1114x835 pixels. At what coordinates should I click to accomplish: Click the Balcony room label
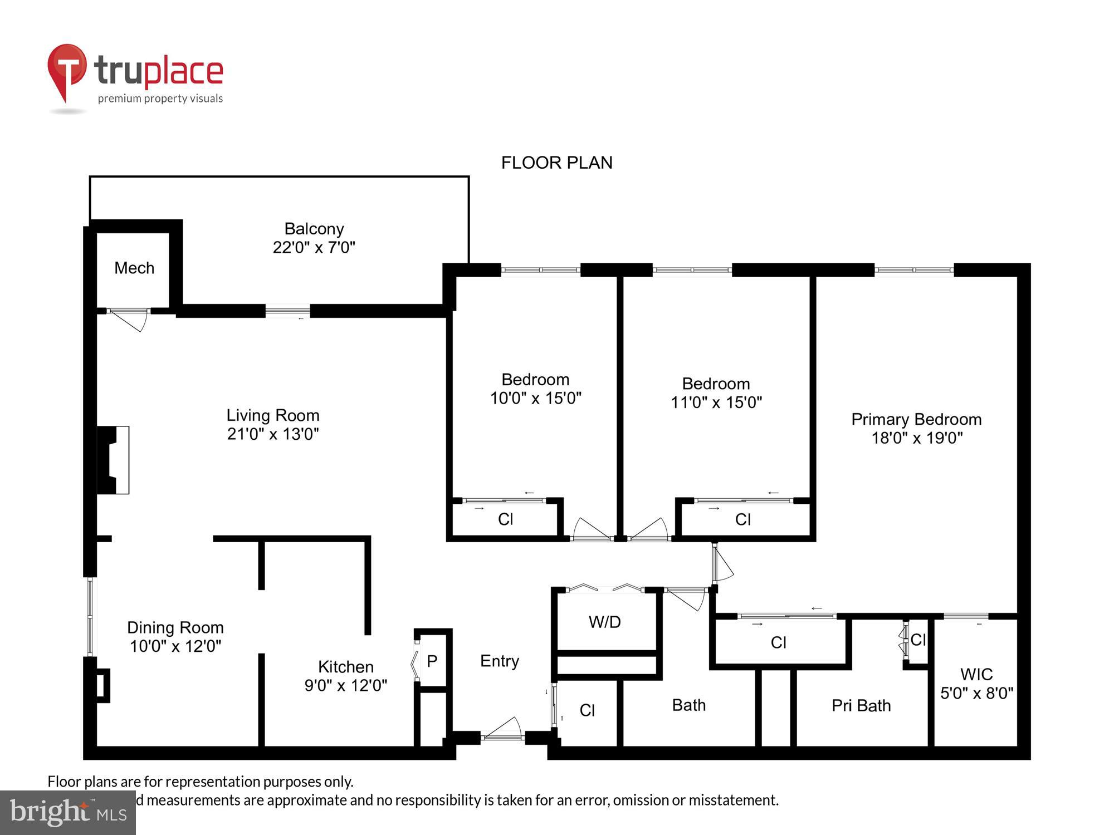[314, 229]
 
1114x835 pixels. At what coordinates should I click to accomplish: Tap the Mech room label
[134, 268]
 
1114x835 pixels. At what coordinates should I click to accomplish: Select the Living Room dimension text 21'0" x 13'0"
[272, 434]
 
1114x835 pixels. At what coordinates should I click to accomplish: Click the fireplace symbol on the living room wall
[114, 460]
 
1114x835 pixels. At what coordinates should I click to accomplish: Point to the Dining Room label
[175, 627]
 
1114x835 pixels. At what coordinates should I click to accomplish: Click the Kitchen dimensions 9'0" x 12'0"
[345, 685]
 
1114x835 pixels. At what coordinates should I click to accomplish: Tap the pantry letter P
[432, 661]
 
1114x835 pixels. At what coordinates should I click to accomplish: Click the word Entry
[499, 661]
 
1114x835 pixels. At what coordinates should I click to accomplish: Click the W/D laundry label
[604, 622]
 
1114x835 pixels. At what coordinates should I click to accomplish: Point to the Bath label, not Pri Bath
[688, 705]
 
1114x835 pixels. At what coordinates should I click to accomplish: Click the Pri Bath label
[861, 706]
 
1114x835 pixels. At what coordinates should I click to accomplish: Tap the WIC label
[976, 674]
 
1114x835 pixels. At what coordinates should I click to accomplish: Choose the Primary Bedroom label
[916, 419]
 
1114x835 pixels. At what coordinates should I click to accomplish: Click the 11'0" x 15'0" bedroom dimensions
[716, 402]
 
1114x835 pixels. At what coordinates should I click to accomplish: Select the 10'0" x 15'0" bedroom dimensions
[535, 398]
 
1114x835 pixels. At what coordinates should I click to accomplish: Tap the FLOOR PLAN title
[556, 163]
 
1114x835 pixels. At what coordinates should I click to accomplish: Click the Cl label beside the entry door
[587, 710]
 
